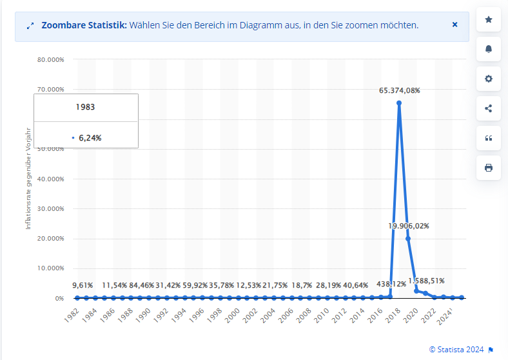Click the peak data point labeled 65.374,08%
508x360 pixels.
tap(399, 103)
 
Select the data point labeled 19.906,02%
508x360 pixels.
tap(408, 238)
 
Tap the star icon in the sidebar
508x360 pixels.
tap(488, 20)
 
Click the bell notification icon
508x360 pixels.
tap(488, 49)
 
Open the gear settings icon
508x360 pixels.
tap(488, 79)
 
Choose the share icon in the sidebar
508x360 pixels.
tap(488, 108)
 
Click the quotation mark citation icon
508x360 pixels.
tap(488, 138)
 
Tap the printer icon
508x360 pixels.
tap(488, 168)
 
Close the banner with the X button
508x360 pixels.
tap(454, 25)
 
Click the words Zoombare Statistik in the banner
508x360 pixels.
tap(84, 25)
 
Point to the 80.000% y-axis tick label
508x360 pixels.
tap(50, 60)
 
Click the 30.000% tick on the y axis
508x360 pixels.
tap(50, 209)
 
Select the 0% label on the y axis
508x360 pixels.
tap(59, 299)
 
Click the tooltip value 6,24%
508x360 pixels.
tap(90, 137)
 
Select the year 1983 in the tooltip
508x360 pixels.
tap(85, 107)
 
